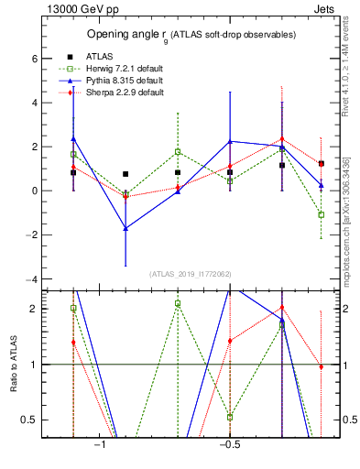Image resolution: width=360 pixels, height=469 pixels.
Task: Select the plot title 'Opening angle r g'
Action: [191, 35]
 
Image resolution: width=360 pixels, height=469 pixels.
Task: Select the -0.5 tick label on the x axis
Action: [229, 445]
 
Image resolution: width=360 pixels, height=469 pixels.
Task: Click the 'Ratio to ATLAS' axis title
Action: [12, 364]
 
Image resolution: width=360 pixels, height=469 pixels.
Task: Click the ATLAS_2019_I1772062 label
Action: [191, 273]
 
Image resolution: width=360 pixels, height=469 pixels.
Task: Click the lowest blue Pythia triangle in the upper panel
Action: [125, 228]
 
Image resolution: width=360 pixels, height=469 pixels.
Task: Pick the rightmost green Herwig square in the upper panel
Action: [322, 214]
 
